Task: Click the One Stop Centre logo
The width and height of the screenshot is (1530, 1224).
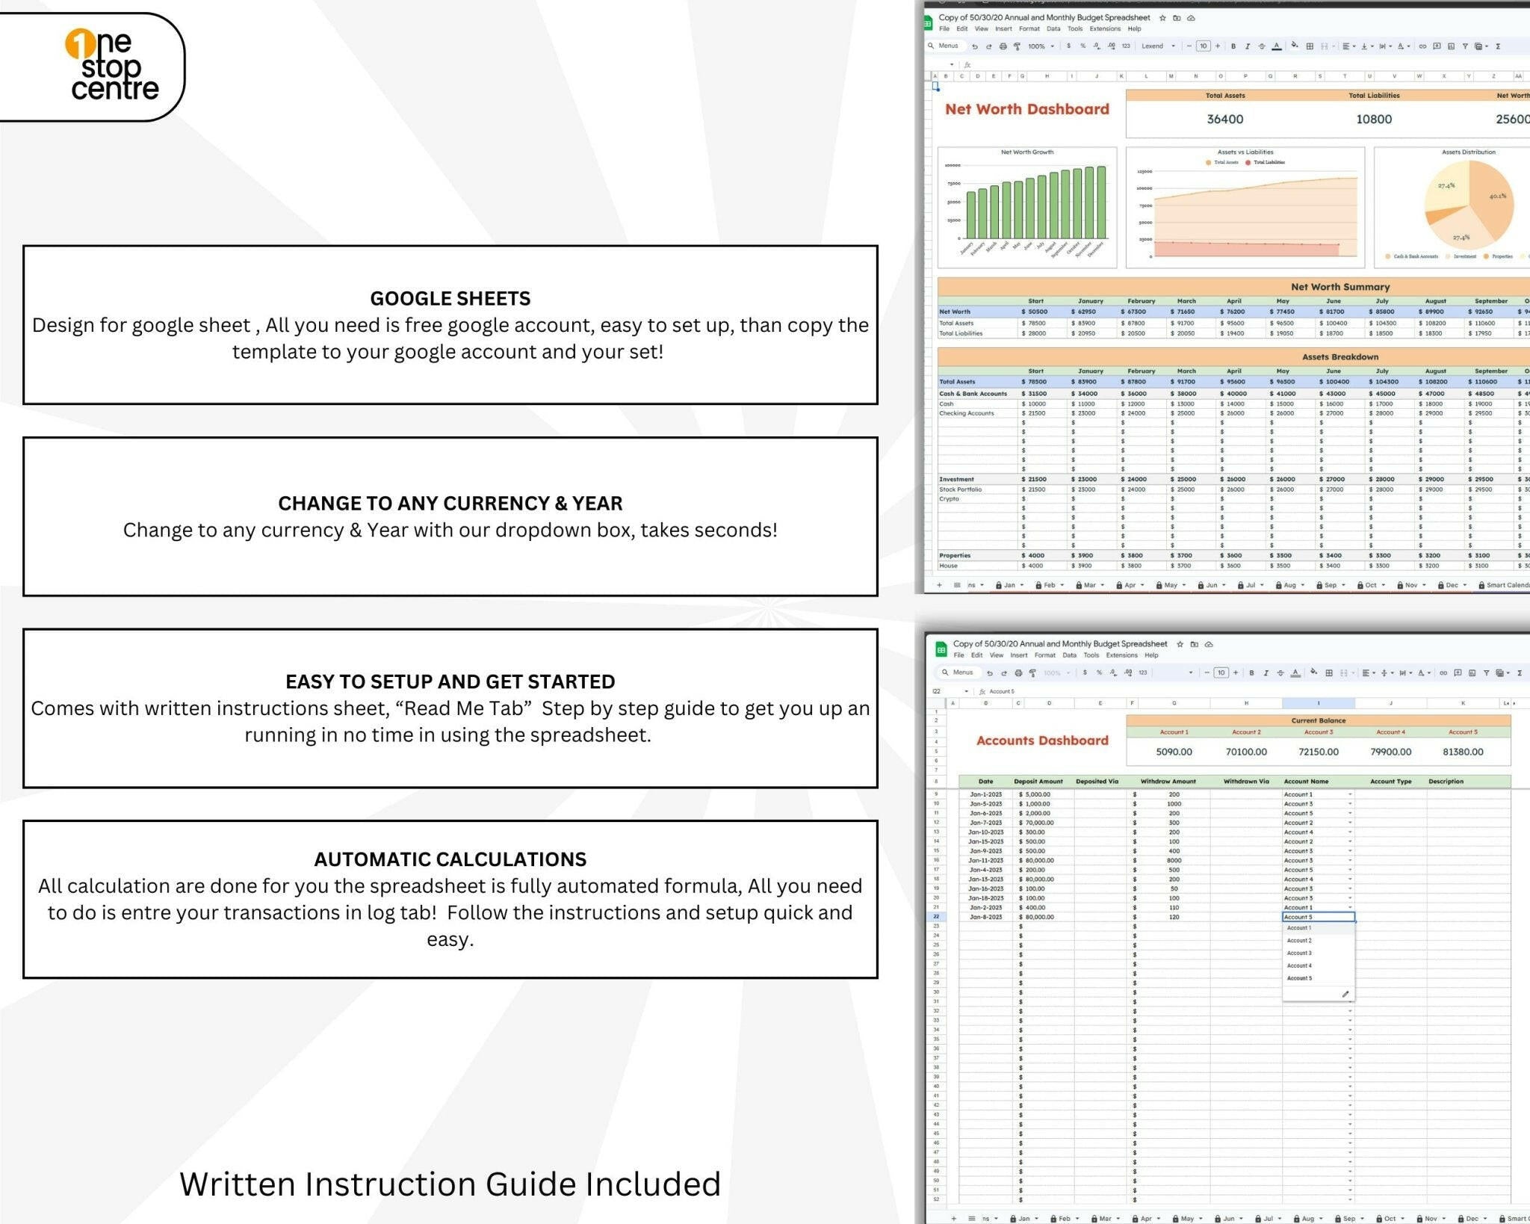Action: pyautogui.click(x=112, y=67)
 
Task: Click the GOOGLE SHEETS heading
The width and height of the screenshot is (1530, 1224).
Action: pyautogui.click(x=450, y=299)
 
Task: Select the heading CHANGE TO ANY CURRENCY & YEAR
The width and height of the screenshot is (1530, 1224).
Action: pyautogui.click(x=450, y=504)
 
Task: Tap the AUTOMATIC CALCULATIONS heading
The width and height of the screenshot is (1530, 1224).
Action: pyautogui.click(x=450, y=859)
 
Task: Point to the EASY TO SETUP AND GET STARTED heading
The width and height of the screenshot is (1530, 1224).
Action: pyautogui.click(x=450, y=681)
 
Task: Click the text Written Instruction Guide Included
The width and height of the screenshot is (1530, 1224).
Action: pyautogui.click(x=450, y=1184)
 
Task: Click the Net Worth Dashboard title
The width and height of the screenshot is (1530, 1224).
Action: pyautogui.click(x=1026, y=110)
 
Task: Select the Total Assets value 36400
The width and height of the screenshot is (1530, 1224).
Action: pyautogui.click(x=1225, y=120)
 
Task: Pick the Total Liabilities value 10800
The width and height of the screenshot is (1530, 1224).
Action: pyautogui.click(x=1374, y=120)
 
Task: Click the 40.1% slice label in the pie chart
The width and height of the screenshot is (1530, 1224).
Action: pyautogui.click(x=1497, y=197)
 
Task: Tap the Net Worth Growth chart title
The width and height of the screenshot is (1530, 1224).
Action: pyautogui.click(x=1027, y=152)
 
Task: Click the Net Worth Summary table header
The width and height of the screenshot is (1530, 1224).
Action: pyautogui.click(x=1339, y=287)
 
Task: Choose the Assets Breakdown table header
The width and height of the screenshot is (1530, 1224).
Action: pyautogui.click(x=1339, y=357)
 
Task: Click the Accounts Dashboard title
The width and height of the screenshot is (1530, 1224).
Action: pyautogui.click(x=1042, y=741)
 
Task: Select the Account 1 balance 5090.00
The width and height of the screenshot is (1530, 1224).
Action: pyautogui.click(x=1174, y=752)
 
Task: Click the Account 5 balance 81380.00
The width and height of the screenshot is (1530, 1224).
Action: pyautogui.click(x=1463, y=752)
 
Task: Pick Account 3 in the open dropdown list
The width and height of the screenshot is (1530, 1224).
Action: pyautogui.click(x=1299, y=953)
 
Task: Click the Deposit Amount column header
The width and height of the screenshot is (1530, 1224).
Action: pyautogui.click(x=1038, y=782)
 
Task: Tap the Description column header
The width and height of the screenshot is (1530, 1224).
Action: pyautogui.click(x=1446, y=782)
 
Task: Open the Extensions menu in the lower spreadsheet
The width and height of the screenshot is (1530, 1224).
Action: pyautogui.click(x=1121, y=655)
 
